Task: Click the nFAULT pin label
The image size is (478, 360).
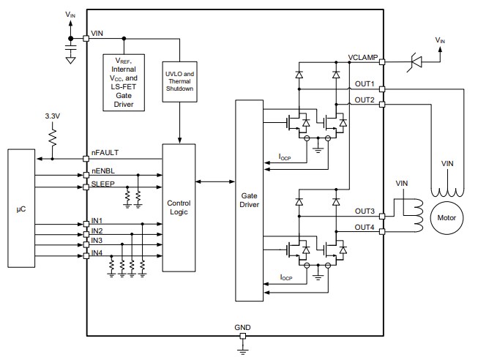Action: [105, 152]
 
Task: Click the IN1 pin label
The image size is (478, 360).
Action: [97, 220]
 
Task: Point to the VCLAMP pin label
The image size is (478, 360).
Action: [362, 56]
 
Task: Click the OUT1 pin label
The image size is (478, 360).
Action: [365, 83]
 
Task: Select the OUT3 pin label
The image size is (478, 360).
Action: [365, 211]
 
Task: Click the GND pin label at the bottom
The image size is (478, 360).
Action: [243, 326]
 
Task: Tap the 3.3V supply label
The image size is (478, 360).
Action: [53, 117]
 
